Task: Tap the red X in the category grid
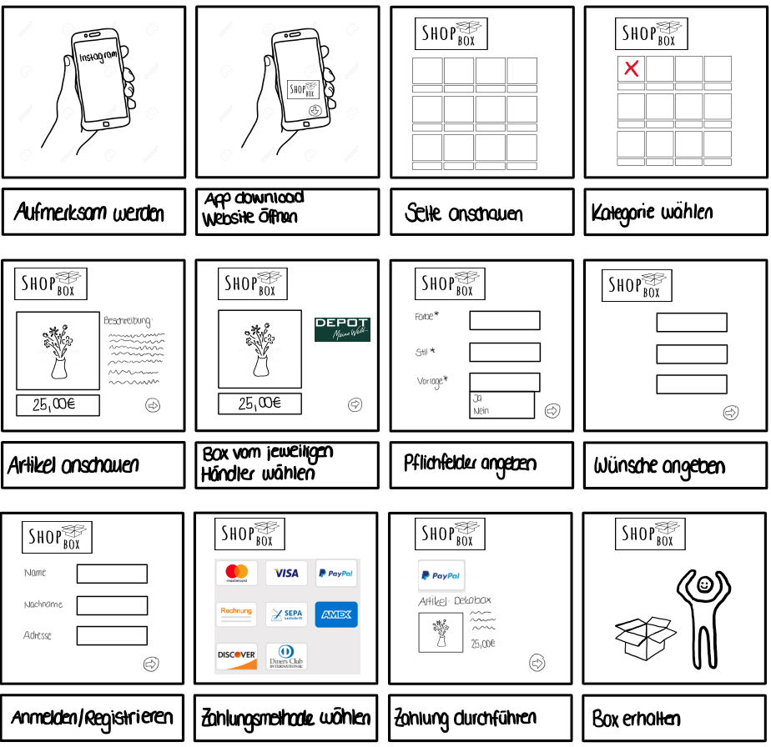click(632, 68)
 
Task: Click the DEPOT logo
click(342, 329)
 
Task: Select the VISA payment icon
click(286, 574)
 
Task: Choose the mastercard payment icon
click(237, 574)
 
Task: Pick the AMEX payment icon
click(336, 614)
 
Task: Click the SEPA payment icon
click(286, 614)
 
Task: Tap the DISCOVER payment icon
click(237, 656)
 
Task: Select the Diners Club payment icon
click(286, 656)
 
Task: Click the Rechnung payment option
click(237, 614)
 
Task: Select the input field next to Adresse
click(112, 636)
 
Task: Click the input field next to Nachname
click(112, 605)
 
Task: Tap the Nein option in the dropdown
click(481, 411)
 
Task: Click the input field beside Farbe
click(504, 320)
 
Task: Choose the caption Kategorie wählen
click(652, 213)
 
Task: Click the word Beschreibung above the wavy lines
click(128, 320)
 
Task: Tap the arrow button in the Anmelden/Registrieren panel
click(151, 664)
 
